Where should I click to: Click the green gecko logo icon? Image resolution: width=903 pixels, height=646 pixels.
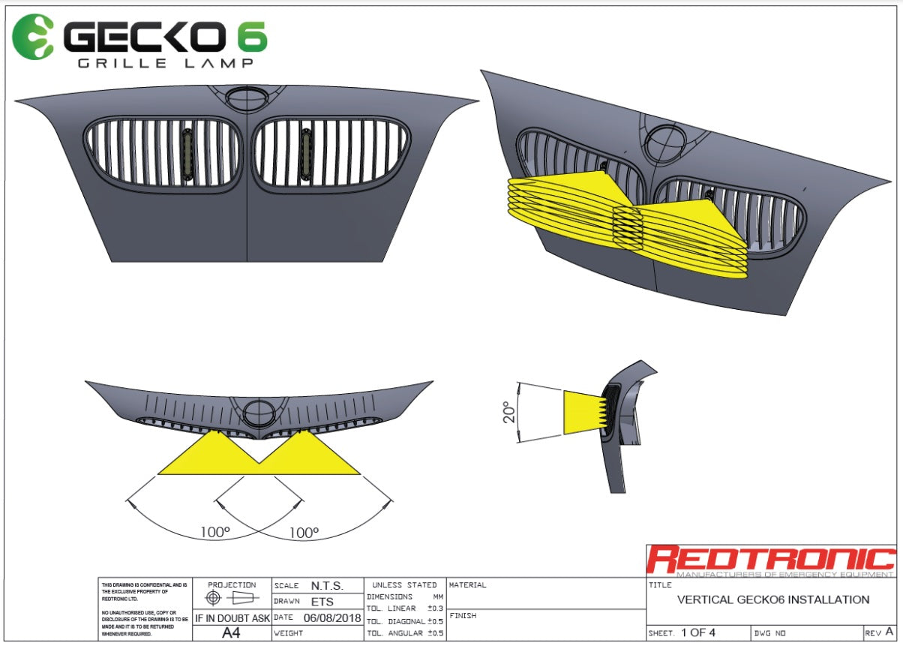[x=34, y=36]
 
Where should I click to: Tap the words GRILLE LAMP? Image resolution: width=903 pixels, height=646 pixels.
[x=165, y=64]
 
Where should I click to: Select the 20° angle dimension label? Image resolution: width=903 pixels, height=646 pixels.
[x=508, y=412]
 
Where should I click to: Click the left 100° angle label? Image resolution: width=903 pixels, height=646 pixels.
[x=215, y=532]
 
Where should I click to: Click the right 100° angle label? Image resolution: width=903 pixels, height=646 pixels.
[x=304, y=532]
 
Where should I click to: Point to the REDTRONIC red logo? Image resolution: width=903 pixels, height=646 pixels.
[x=771, y=559]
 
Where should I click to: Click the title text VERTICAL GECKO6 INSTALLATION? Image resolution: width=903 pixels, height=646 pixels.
[x=772, y=599]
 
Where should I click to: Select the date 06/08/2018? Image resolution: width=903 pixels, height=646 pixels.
[x=332, y=618]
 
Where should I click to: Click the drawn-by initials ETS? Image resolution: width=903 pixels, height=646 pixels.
[x=322, y=602]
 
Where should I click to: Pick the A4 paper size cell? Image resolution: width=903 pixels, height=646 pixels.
[x=232, y=632]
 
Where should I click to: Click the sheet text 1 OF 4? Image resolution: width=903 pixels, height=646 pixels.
[x=698, y=632]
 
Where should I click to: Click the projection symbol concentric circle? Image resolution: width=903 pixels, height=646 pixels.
[x=214, y=599]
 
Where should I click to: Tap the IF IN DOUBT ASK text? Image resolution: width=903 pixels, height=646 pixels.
[x=232, y=618]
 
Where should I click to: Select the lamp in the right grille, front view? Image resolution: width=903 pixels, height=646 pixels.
[x=306, y=155]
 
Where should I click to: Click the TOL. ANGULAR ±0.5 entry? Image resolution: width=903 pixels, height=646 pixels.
[x=405, y=633]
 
